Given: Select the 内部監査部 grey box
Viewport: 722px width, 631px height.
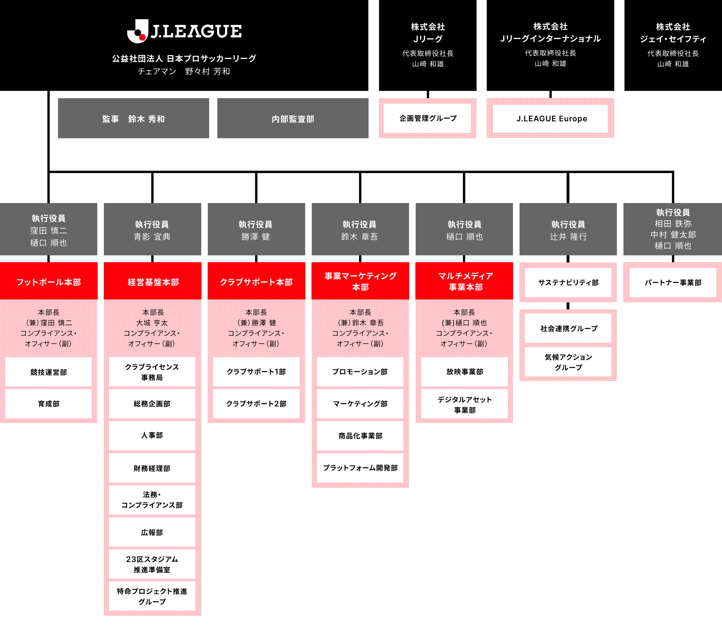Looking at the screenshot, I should (293, 118).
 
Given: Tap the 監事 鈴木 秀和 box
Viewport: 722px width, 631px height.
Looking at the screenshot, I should (133, 118).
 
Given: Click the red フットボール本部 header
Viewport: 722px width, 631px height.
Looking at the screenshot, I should (49, 282).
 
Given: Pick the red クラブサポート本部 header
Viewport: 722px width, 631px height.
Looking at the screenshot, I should (256, 282).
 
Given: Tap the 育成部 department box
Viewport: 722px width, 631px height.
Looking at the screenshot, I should (49, 403).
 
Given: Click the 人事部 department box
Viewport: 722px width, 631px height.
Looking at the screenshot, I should (152, 435).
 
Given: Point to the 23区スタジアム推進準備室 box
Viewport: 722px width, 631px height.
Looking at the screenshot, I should (152, 564).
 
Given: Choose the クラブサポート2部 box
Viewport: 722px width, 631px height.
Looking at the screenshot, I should (256, 403).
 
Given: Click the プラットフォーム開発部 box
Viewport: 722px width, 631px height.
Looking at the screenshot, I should (360, 468).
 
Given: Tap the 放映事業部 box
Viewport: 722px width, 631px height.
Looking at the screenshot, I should (464, 371).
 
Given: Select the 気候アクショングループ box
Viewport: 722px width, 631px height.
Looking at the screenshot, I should (568, 362).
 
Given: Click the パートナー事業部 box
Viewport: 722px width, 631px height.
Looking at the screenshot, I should (673, 282).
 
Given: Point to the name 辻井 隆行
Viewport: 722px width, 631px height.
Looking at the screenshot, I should (568, 237).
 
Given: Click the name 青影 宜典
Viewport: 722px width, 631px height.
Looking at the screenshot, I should (152, 237).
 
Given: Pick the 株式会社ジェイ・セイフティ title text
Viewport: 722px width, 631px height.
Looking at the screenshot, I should (673, 33).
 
